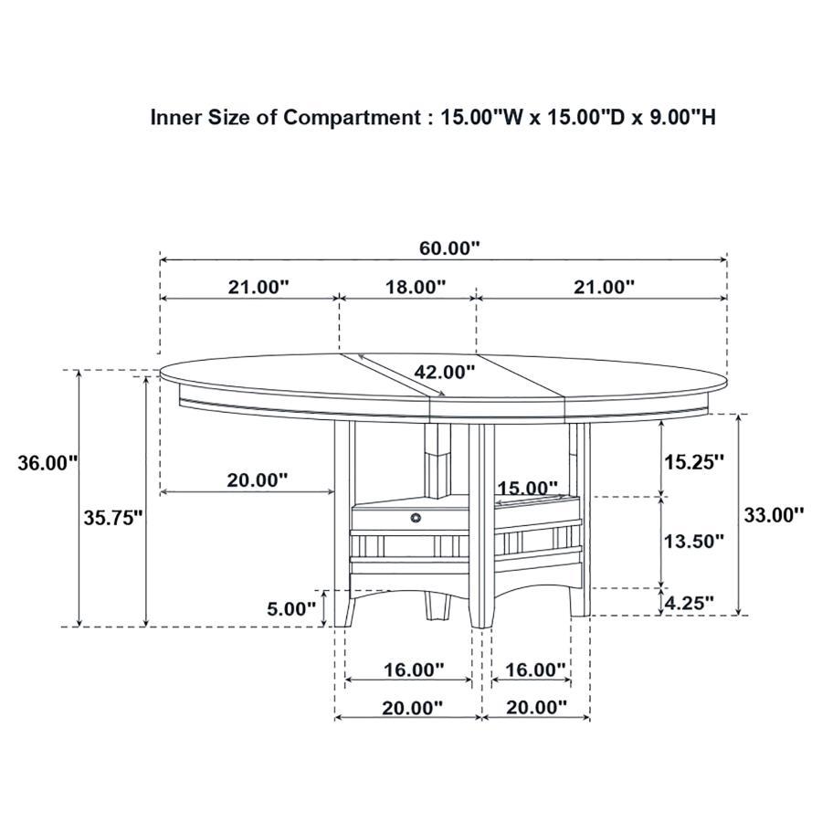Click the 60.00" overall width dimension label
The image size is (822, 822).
(448, 248)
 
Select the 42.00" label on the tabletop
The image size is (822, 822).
(445, 372)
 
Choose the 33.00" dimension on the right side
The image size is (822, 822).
(774, 513)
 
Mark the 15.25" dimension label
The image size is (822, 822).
(693, 461)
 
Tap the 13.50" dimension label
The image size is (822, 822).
(693, 541)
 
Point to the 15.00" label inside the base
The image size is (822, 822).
(527, 489)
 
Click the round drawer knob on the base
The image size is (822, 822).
(416, 518)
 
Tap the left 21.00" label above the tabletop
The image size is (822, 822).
(258, 287)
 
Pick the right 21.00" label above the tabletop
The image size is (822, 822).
(604, 287)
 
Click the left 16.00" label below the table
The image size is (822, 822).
(414, 669)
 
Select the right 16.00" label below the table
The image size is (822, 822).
(536, 669)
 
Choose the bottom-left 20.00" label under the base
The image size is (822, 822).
(412, 707)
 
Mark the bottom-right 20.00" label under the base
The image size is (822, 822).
(536, 707)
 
